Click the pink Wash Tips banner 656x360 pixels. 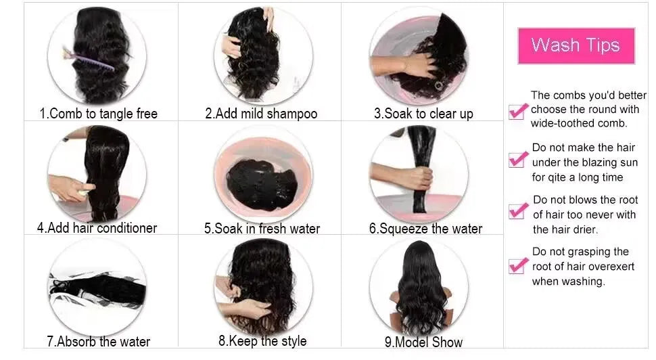pos(576,45)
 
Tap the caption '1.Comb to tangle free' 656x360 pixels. pos(99,114)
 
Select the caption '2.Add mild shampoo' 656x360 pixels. pos(261,114)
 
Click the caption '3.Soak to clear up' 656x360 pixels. pos(423,114)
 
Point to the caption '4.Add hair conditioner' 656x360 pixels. pos(97,228)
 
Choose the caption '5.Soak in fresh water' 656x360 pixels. pos(262,229)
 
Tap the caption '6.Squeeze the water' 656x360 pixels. pos(425,229)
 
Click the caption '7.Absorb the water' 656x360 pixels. pos(99,342)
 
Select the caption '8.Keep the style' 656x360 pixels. pos(262,341)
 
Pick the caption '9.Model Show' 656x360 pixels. pos(423,342)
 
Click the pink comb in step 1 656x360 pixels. pos(91,60)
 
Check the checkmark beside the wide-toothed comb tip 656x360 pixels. pos(518,110)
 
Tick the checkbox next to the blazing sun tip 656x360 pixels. pos(518,159)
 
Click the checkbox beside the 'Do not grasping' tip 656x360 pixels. pos(518,264)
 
